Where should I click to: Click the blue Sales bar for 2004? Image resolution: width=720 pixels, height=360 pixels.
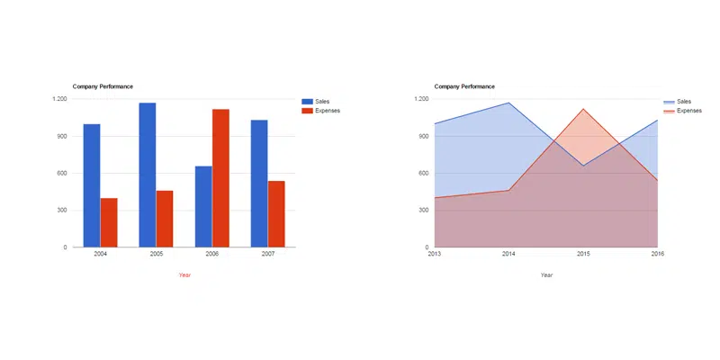[x=92, y=185]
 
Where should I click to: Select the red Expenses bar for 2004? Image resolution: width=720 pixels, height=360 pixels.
[x=109, y=222]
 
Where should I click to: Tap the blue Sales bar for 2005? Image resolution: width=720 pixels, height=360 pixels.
[x=148, y=175]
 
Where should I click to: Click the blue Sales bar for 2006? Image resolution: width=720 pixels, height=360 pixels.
[x=203, y=206]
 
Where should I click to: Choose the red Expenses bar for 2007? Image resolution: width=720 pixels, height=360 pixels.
[x=276, y=214]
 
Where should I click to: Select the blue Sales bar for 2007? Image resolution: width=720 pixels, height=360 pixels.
[x=259, y=184]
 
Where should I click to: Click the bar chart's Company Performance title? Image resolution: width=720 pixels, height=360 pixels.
[x=103, y=86]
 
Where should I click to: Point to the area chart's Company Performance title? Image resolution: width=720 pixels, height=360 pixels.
[x=464, y=86]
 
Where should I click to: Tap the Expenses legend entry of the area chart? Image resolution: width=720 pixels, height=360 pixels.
[x=688, y=111]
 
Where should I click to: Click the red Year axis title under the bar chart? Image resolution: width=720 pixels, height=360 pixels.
[x=184, y=274]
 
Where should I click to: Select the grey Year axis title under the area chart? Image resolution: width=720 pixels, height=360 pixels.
[x=546, y=274]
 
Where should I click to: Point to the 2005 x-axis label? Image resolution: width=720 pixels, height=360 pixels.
[x=157, y=255]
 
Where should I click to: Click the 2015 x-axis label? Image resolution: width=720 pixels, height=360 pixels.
[x=583, y=255]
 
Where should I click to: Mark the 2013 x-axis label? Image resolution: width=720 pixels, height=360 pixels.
[x=435, y=255]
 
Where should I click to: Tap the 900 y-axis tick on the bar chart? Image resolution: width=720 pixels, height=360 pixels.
[x=59, y=136]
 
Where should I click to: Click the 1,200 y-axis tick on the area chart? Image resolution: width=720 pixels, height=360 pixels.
[x=421, y=99]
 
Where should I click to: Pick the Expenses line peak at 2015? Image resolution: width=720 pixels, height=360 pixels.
[x=583, y=109]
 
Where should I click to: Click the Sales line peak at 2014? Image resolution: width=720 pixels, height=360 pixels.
[x=509, y=103]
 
